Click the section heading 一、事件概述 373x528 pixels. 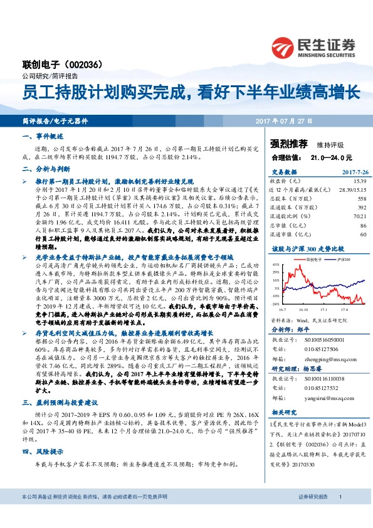(x=38, y=135)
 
